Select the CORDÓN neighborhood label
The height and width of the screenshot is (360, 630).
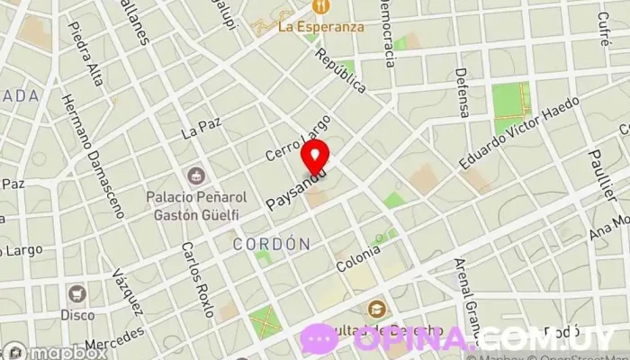(271, 244)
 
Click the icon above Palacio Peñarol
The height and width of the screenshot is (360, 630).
(194, 174)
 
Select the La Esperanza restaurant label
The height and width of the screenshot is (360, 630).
(321, 26)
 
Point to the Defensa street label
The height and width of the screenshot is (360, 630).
(463, 93)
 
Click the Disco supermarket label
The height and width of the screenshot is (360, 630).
(77, 315)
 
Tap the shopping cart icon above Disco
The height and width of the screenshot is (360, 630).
(77, 293)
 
